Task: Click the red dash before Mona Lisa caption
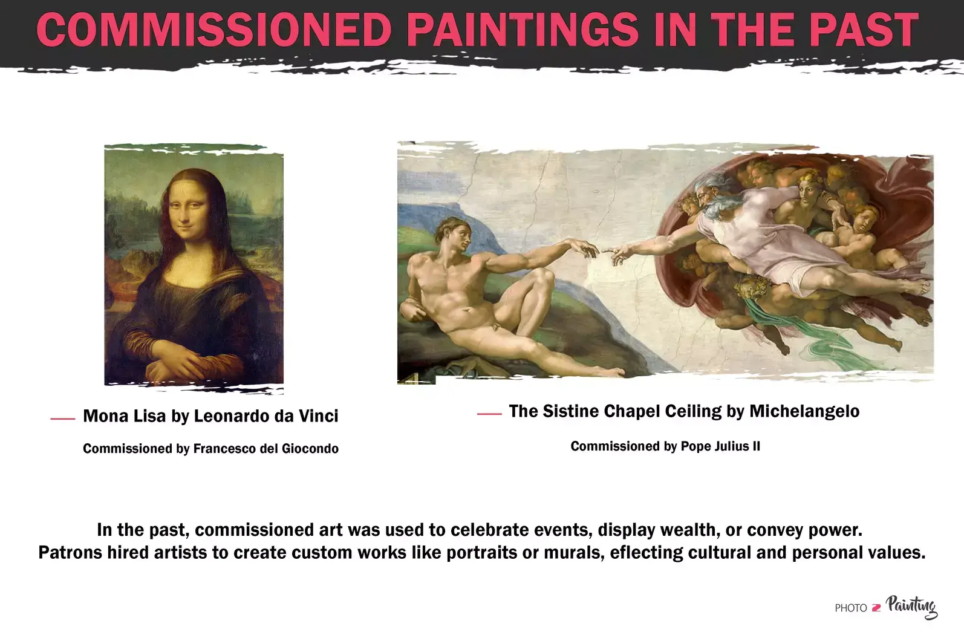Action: (x=63, y=418)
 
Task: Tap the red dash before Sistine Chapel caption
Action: (x=489, y=414)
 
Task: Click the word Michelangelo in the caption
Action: (x=804, y=411)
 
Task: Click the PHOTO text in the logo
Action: (x=850, y=608)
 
